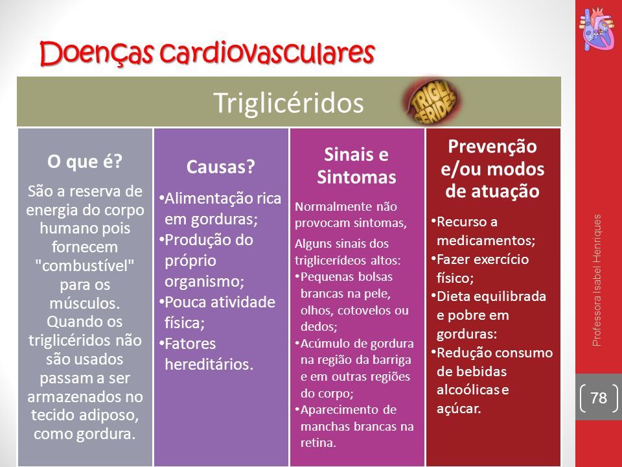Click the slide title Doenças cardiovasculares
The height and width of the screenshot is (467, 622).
[207, 53]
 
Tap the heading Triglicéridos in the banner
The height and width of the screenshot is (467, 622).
[289, 103]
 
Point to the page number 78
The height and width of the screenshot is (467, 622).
[599, 398]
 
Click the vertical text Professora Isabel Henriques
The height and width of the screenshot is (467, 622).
[597, 280]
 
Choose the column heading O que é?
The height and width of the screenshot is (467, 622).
[85, 162]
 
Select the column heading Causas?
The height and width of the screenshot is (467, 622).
[220, 167]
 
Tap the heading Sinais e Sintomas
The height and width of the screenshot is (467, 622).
[356, 165]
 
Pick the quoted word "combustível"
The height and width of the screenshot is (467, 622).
[85, 266]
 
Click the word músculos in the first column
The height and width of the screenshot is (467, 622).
[84, 303]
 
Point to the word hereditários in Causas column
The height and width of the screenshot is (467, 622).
[209, 364]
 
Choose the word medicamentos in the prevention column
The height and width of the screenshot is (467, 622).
[485, 241]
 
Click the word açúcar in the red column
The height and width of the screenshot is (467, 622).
[459, 409]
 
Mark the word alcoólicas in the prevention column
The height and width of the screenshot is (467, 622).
[468, 390]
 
